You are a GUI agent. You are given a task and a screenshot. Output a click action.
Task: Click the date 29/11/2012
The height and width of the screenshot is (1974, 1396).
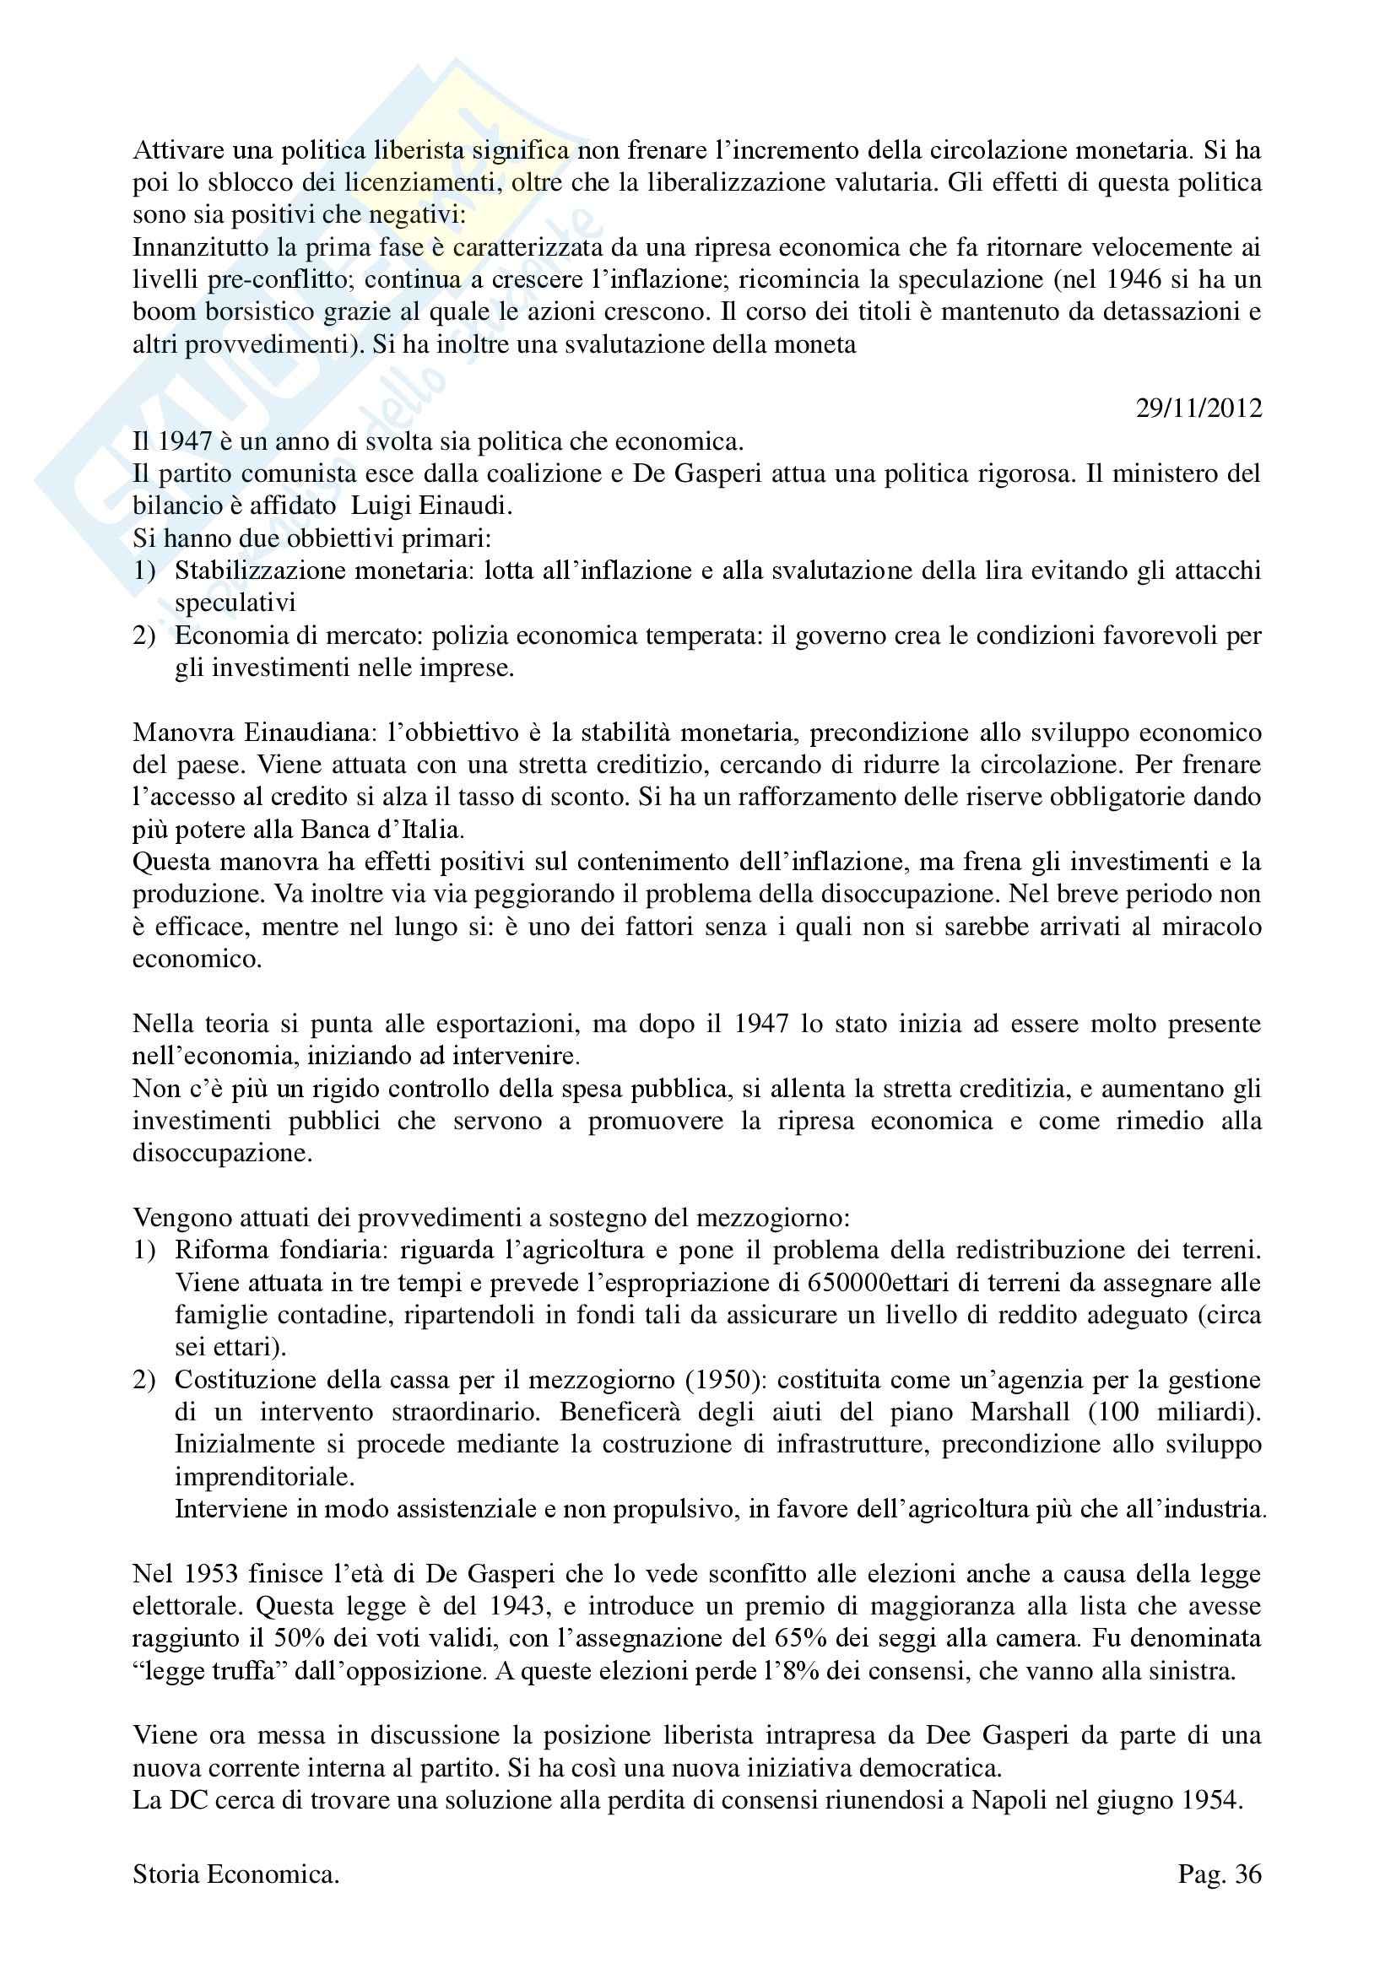pos(1199,408)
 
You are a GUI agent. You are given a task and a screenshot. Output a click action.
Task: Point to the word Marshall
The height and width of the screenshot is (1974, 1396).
pos(1021,1412)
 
